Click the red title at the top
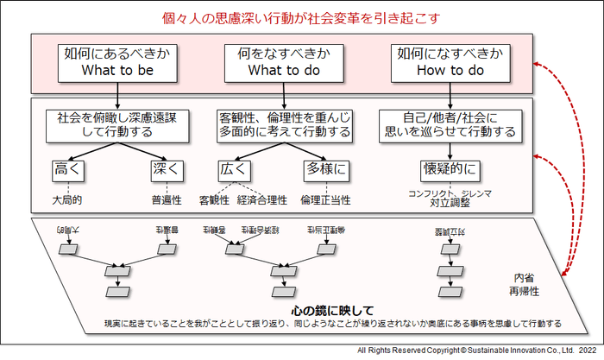click(x=302, y=17)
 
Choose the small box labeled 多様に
click(x=326, y=168)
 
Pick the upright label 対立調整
click(x=450, y=205)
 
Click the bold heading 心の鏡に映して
click(x=332, y=310)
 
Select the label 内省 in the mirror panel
click(x=523, y=278)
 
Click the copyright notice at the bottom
click(x=476, y=351)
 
